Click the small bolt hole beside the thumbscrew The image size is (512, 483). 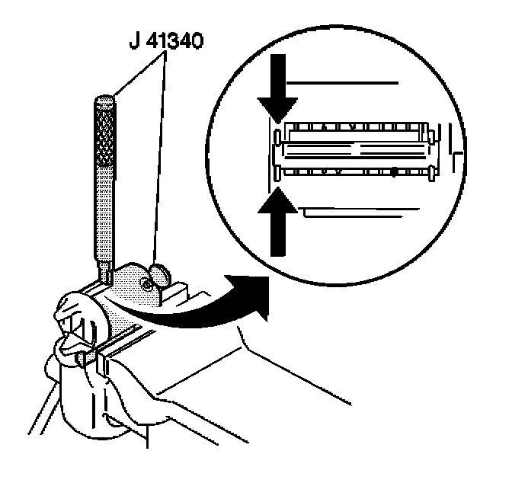[x=145, y=286]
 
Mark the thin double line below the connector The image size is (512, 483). [x=358, y=209]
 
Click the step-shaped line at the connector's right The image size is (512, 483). [x=455, y=149]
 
